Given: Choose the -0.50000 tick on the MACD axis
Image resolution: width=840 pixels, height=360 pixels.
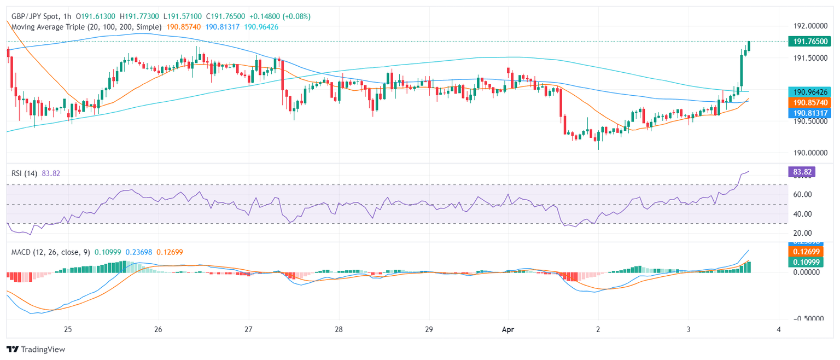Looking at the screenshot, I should tap(809, 318).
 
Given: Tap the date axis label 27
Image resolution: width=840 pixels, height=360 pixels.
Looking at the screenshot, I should tap(248, 330).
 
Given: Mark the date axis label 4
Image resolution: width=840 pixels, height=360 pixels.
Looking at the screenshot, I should tap(778, 330).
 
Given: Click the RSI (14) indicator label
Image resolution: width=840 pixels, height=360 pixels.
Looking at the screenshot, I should tap(25, 173).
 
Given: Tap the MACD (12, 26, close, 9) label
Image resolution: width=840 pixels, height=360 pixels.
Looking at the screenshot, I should tap(50, 252).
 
